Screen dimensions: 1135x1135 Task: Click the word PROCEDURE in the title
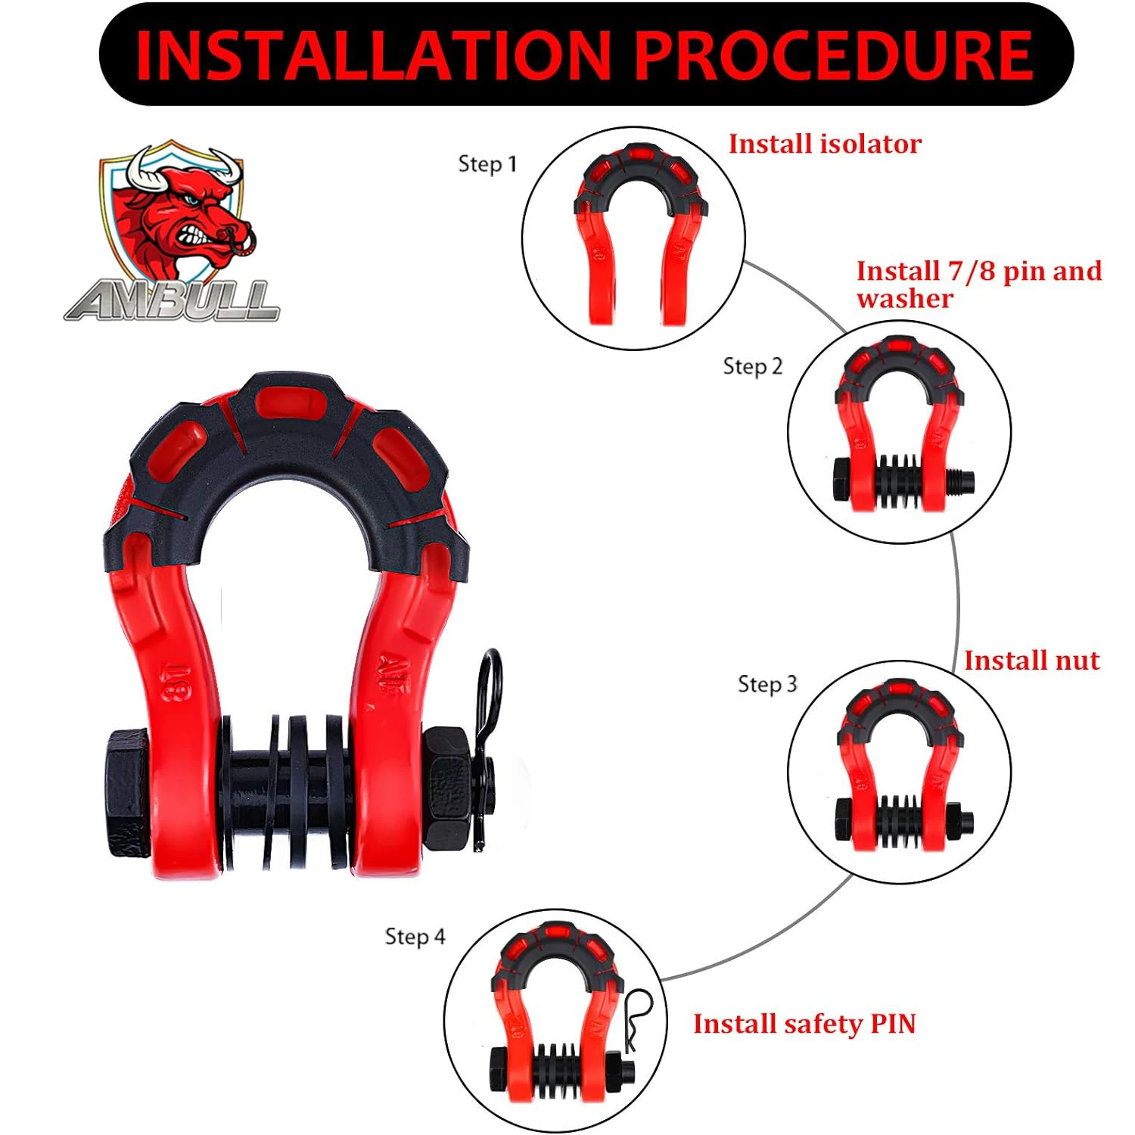click(832, 54)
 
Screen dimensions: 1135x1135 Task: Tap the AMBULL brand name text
click(173, 300)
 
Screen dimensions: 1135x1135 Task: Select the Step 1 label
click(487, 163)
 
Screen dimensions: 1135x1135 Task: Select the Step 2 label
click(752, 366)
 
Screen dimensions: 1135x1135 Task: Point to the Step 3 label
click(767, 684)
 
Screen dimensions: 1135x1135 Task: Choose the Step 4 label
click(415, 936)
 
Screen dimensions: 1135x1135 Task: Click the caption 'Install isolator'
click(825, 144)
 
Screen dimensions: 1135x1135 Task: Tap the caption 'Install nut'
click(1031, 661)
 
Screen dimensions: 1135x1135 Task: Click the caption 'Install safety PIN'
click(804, 1024)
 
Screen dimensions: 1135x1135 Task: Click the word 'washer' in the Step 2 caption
click(904, 299)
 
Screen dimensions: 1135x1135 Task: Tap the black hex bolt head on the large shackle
click(129, 793)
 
